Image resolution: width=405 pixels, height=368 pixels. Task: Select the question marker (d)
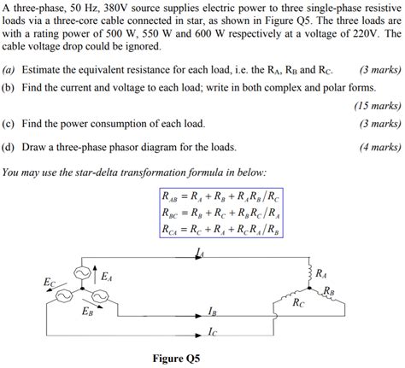(9, 146)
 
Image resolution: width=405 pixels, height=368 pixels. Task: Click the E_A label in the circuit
(107, 277)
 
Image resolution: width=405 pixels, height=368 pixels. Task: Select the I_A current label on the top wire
(200, 254)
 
